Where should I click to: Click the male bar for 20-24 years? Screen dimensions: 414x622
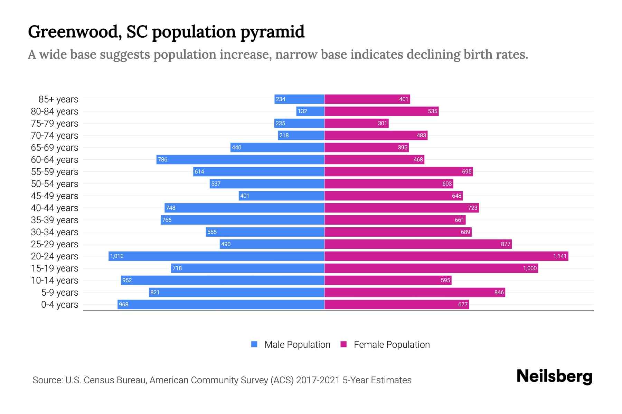click(x=216, y=256)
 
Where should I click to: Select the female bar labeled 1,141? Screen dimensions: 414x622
click(x=446, y=256)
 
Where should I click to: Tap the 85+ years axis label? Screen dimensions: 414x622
click(x=58, y=99)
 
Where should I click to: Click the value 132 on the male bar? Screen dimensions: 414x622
click(x=302, y=111)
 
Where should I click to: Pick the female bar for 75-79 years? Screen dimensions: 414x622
click(x=356, y=123)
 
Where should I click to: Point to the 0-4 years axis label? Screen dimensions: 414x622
click(x=59, y=305)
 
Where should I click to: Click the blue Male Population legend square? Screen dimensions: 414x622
click(x=254, y=344)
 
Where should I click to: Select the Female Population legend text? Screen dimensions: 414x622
click(x=392, y=344)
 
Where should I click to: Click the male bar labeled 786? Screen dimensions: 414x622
click(x=240, y=159)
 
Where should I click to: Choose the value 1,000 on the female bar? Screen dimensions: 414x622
click(x=530, y=268)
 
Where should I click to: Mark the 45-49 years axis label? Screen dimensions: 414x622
click(x=55, y=196)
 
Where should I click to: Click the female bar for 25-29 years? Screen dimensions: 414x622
click(x=418, y=244)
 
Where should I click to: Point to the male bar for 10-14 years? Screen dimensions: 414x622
click(x=223, y=280)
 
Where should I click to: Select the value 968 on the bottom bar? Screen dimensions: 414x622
click(x=123, y=304)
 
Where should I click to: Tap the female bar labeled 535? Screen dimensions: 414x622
click(x=381, y=111)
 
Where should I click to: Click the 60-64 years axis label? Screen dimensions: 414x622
click(x=55, y=160)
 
